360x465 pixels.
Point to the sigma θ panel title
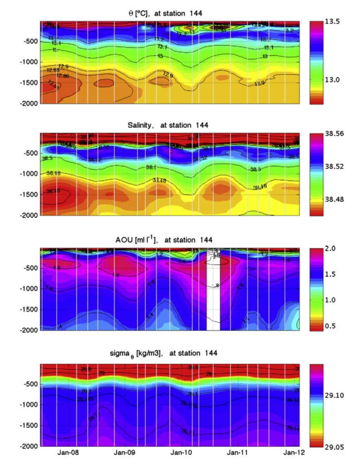[x=170, y=354]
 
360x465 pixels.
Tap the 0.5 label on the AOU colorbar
[x=333, y=326]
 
